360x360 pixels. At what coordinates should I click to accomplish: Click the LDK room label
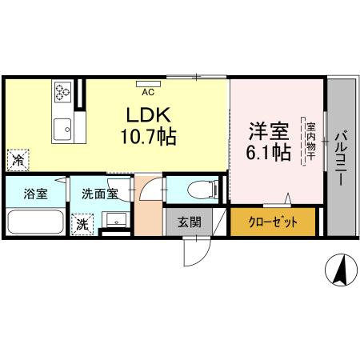point(144,114)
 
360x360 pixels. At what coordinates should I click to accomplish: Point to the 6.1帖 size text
point(267,152)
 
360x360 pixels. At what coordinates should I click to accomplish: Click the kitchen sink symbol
point(61,126)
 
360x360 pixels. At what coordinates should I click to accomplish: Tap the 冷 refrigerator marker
point(16,160)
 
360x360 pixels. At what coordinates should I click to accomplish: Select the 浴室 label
point(34,194)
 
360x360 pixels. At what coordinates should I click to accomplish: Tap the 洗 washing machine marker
point(82,225)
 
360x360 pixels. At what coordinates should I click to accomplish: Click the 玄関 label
point(189,222)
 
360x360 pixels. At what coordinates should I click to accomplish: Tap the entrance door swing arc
point(194,252)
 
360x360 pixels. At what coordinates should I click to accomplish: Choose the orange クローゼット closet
point(272,222)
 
